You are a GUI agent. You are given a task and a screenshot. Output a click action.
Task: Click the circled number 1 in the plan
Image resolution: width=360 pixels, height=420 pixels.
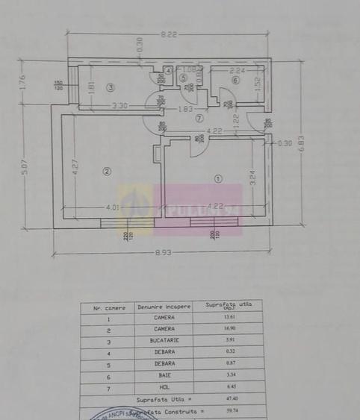pos(218,178)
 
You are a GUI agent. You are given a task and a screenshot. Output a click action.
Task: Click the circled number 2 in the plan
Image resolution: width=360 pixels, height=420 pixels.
pos(107,172)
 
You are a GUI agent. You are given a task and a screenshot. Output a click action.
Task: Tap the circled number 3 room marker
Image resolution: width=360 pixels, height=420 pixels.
pos(110,87)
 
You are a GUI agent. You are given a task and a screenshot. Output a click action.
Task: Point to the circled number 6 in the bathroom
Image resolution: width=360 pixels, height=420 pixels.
pos(235,80)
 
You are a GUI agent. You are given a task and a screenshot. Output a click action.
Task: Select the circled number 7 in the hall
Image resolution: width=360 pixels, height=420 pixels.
pos(199,118)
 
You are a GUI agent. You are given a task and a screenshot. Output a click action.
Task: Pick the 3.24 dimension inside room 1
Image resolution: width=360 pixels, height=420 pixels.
pos(253,177)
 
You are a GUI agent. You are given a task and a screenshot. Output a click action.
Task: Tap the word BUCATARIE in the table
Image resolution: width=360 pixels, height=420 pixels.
pos(159,339)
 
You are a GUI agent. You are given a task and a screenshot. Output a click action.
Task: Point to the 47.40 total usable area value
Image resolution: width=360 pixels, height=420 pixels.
pos(225,398)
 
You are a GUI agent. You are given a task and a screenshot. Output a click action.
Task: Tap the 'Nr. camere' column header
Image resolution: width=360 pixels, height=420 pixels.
pos(108,307)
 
